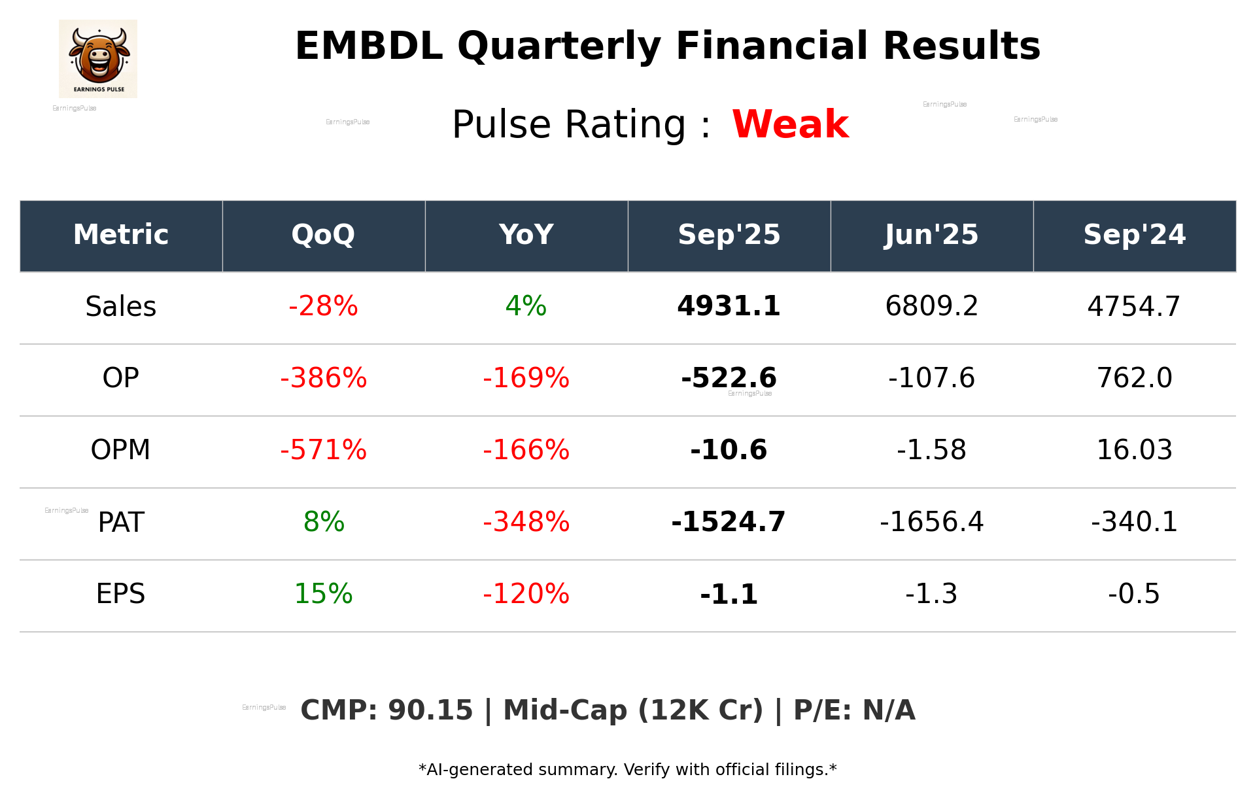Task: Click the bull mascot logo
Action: [98, 58]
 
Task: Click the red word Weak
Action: [790, 124]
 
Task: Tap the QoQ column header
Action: [323, 235]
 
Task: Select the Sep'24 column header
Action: [1134, 235]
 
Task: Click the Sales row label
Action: [121, 306]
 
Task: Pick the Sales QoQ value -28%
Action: [323, 306]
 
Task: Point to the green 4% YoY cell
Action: [526, 306]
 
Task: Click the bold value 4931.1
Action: [729, 306]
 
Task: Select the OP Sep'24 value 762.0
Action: [1134, 378]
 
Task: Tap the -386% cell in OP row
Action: [323, 378]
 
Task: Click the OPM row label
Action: [121, 450]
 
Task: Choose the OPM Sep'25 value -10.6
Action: [729, 450]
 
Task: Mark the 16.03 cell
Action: [1134, 450]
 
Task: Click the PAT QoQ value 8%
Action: [323, 522]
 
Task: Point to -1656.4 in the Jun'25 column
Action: [931, 522]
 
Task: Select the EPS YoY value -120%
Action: [526, 594]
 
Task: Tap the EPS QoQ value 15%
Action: [323, 594]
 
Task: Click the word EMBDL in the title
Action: [369, 46]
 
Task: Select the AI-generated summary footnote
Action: [627, 770]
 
